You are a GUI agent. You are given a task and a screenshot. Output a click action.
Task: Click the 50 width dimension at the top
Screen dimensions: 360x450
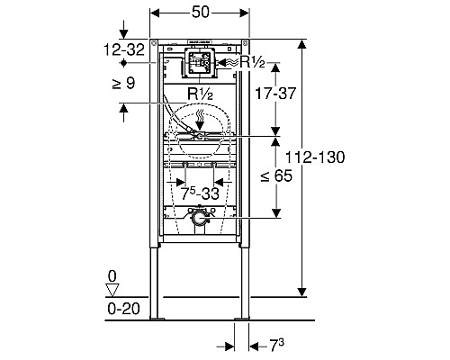tap(200, 13)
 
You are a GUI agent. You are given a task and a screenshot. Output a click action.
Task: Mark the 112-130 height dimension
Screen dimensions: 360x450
tap(319, 157)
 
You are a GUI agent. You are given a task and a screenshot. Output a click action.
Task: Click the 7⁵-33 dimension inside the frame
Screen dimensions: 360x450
tap(199, 192)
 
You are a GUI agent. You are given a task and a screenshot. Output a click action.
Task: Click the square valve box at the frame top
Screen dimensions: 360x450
tap(199, 62)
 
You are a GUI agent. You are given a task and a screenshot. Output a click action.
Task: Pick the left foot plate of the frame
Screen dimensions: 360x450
tap(157, 318)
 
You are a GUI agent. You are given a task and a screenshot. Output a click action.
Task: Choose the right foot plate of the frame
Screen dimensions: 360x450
tap(241, 318)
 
